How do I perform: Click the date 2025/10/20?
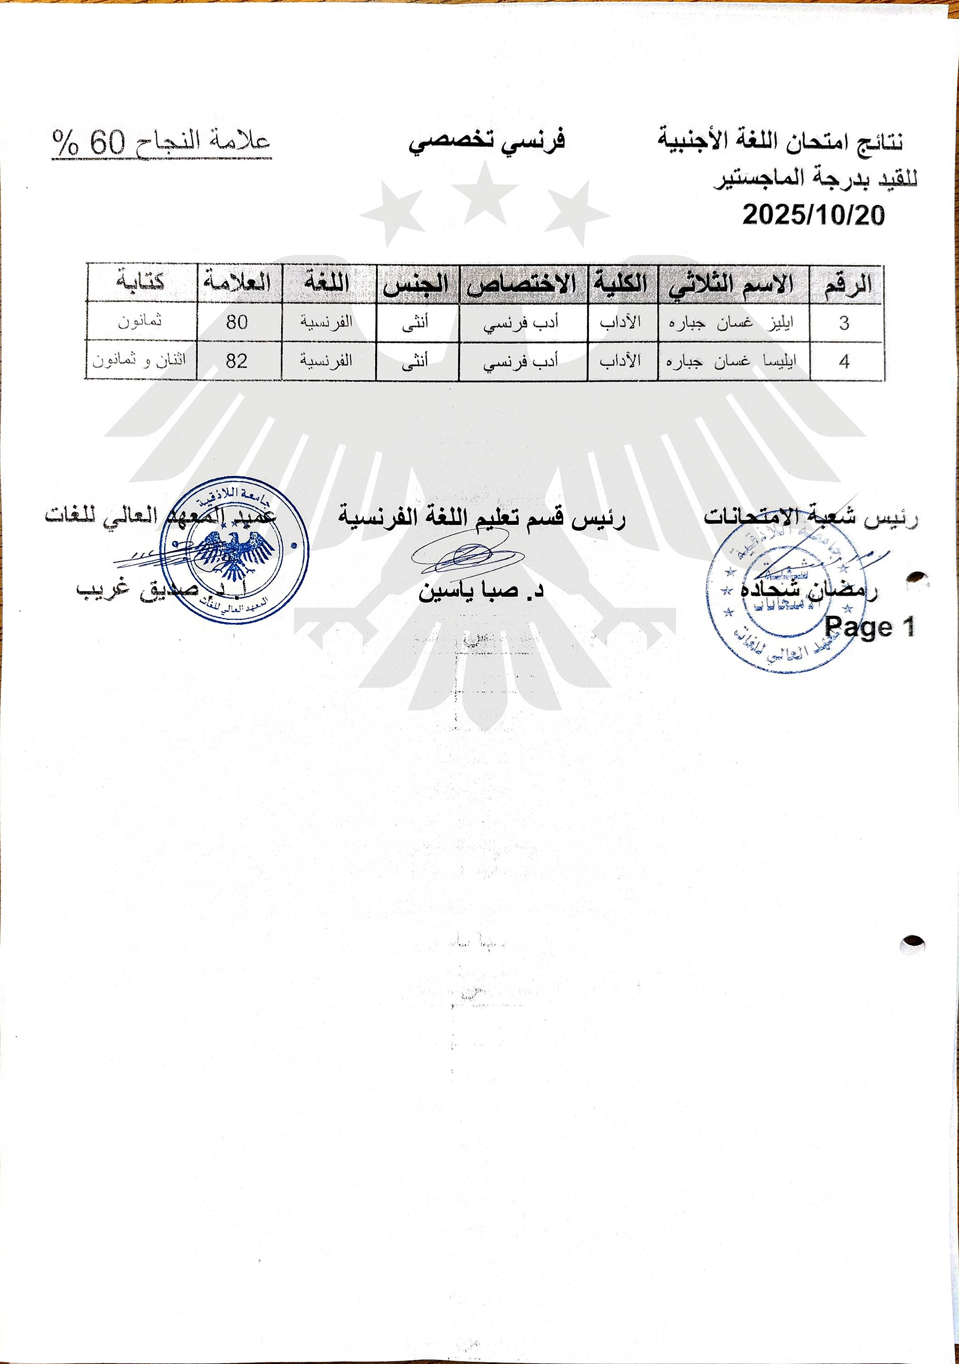tap(813, 214)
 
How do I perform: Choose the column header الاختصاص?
tap(522, 284)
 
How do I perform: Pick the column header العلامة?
tap(237, 282)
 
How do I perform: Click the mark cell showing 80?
tap(237, 322)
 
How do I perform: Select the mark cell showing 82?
tap(237, 361)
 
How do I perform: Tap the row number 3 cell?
tap(844, 323)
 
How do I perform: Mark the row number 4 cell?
tap(844, 361)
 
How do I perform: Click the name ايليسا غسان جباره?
tap(732, 361)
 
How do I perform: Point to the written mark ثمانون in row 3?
tap(140, 321)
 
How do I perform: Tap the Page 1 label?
tap(870, 627)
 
